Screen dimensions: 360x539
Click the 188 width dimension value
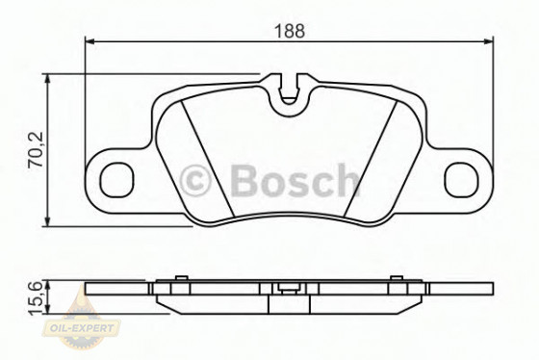[x=289, y=30]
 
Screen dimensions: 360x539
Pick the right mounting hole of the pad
[x=462, y=178]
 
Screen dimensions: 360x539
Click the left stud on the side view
[x=179, y=279]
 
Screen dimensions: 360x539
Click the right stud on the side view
[x=394, y=279]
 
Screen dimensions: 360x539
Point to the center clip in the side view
[x=287, y=285]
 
